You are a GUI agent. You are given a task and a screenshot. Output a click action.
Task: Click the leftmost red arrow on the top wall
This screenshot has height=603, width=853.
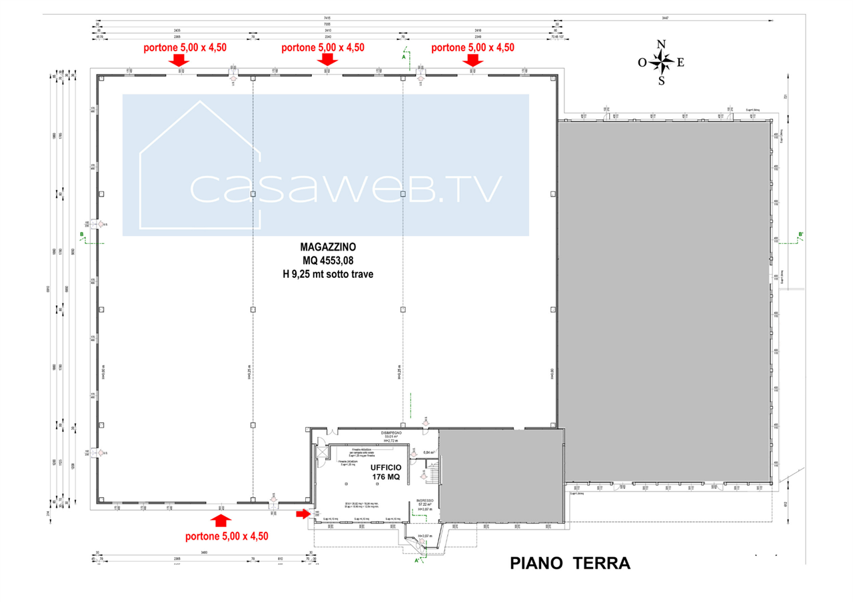point(177,61)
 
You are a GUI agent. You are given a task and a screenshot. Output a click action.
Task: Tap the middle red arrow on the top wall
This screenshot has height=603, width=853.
point(328,61)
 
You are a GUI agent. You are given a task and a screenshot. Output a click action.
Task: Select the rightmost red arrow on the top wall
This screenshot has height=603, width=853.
point(473,61)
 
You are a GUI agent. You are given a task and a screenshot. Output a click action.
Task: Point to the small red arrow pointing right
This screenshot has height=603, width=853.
point(303,514)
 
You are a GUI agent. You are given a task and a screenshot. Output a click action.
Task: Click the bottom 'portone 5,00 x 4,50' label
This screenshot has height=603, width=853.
point(227,536)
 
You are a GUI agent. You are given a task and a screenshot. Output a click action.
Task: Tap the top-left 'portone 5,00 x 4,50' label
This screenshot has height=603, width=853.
point(185,48)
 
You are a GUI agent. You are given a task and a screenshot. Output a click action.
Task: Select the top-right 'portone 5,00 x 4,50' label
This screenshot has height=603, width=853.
point(473,48)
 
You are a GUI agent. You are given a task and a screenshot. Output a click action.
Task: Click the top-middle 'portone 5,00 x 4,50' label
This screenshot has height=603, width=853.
point(323,48)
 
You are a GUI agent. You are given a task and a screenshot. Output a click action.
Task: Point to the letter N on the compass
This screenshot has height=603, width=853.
point(662,45)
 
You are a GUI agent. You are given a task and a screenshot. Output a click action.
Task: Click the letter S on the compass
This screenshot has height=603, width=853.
point(661,82)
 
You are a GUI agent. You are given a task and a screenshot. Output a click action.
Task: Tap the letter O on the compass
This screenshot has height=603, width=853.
point(642,63)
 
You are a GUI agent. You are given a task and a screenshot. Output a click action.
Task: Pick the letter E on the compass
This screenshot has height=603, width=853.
point(680,63)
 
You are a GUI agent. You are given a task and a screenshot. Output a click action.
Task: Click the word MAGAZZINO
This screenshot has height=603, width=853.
point(328,247)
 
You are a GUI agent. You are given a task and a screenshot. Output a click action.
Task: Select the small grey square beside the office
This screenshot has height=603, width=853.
point(501,476)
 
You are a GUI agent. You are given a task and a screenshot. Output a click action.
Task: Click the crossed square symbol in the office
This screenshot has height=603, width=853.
point(324,452)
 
